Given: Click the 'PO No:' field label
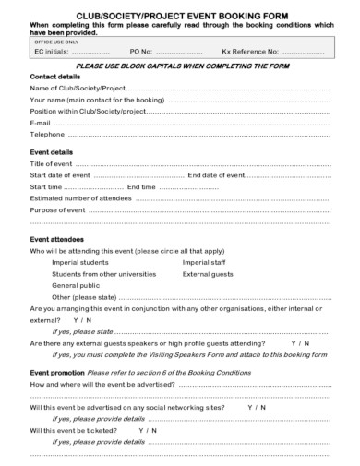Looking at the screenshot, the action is tap(141, 53).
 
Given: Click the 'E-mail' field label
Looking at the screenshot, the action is tap(40, 122).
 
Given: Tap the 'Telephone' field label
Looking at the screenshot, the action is tap(47, 134).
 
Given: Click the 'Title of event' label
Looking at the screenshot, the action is tap(52, 163).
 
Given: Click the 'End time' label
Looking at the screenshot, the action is tap(141, 187).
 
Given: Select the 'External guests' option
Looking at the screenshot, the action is tap(209, 274).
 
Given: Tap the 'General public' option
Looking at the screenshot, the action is tap(75, 286).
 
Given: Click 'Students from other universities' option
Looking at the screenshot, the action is tap(104, 274).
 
